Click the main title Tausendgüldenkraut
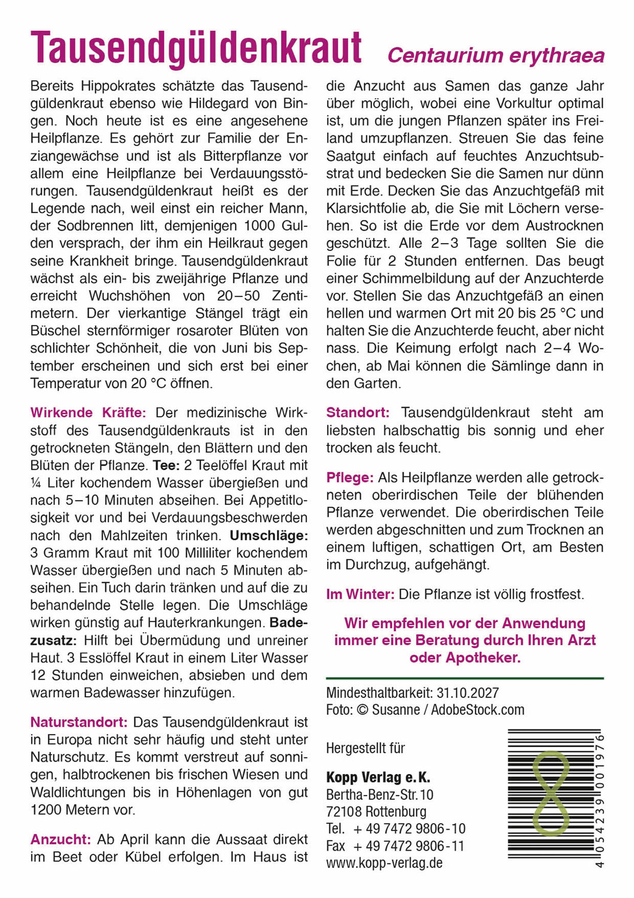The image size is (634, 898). point(196,48)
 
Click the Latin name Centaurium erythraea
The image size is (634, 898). point(496,56)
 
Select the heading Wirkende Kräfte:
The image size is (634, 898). point(88,412)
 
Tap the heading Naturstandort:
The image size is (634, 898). point(79,722)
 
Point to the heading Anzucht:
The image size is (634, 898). point(60,839)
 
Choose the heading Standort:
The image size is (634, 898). point(358,412)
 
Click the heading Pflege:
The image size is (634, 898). point(350,478)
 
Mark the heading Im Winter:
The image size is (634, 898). point(360,594)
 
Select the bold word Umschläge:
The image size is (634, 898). point(269,535)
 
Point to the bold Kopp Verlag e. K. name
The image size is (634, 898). point(378,778)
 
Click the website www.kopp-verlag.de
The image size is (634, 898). point(384,863)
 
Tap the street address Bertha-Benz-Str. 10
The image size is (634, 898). point(380,795)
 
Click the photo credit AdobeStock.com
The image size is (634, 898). point(477,710)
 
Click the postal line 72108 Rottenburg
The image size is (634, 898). point(376,812)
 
